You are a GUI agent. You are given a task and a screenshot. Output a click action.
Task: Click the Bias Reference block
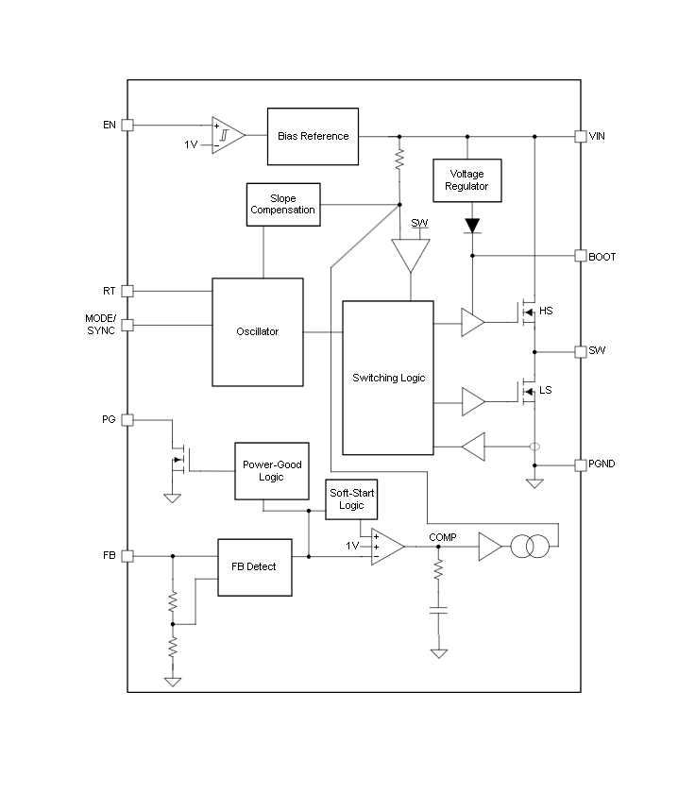pos(313,136)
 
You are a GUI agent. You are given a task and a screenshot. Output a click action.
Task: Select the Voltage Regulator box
pos(467,180)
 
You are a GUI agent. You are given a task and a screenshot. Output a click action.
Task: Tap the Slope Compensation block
pos(282,204)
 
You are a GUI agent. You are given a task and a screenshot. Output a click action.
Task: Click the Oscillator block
pos(258,331)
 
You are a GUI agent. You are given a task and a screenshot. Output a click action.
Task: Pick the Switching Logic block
pos(388,378)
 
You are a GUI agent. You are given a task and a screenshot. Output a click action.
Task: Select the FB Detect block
pos(254,566)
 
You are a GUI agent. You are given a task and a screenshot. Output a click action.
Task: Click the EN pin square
pos(127,125)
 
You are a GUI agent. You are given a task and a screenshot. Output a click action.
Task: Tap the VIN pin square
pos(581,136)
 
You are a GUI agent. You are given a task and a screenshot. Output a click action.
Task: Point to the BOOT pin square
pos(581,256)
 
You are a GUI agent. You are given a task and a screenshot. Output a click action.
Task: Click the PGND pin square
pos(581,464)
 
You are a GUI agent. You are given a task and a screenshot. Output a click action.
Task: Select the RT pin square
pos(127,291)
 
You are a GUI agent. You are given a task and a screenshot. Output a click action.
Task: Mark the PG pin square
pos(127,419)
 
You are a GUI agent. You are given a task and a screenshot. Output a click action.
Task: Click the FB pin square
pos(127,556)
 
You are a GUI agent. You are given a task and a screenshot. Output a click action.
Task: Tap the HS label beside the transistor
pos(545,312)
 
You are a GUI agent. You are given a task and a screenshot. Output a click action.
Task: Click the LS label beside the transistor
pos(545,391)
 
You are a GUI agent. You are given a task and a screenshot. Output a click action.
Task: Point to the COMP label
pos(442,537)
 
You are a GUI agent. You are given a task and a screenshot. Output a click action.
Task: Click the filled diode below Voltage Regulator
pos(472,227)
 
